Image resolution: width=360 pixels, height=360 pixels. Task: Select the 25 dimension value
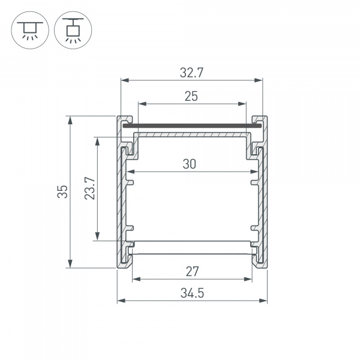click(191, 96)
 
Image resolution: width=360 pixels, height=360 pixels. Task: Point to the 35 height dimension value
click(62, 191)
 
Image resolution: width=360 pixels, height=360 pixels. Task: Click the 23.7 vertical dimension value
click(89, 188)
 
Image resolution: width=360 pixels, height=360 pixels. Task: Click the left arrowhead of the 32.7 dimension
click(124, 80)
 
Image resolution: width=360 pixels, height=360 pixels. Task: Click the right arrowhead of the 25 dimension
click(243, 103)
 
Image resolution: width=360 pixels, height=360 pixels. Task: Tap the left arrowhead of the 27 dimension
click(136, 278)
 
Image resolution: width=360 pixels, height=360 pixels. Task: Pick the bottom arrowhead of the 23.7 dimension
click(97, 237)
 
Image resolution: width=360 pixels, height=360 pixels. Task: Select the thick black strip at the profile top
click(192, 127)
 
